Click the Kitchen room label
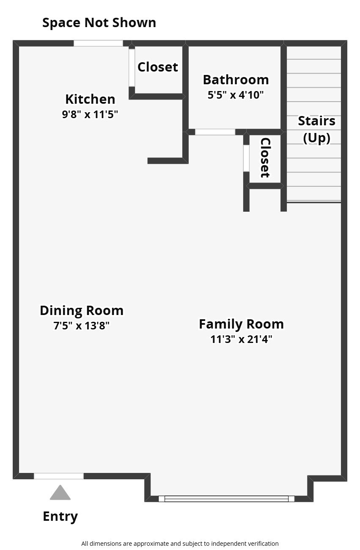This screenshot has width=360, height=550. pyautogui.click(x=90, y=99)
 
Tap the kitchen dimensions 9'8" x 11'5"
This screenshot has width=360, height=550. pyautogui.click(x=90, y=114)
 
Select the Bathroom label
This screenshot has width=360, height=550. pyautogui.click(x=236, y=80)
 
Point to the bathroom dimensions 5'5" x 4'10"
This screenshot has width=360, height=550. pyautogui.click(x=236, y=95)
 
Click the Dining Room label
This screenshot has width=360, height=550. pyautogui.click(x=82, y=310)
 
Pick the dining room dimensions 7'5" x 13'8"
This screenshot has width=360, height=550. pyautogui.click(x=82, y=326)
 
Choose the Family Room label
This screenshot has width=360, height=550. pyautogui.click(x=241, y=324)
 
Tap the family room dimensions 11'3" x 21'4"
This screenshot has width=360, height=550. pyautogui.click(x=241, y=339)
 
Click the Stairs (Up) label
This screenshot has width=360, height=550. pyautogui.click(x=316, y=129)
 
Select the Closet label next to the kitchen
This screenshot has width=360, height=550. pyautogui.click(x=158, y=67)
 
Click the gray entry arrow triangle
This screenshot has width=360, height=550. pyautogui.click(x=60, y=493)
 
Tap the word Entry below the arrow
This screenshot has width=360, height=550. pyautogui.click(x=60, y=517)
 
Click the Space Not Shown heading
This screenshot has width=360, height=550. pyautogui.click(x=99, y=22)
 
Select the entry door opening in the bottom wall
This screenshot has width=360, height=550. pyautogui.click(x=59, y=476)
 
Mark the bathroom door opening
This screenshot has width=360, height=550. pyautogui.click(x=215, y=132)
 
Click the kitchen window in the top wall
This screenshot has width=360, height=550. pyautogui.click(x=98, y=43)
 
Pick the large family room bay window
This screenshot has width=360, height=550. pyautogui.click(x=226, y=499)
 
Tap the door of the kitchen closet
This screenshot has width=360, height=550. pyautogui.click(x=132, y=68)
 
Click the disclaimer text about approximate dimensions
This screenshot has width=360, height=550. pyautogui.click(x=180, y=543)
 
